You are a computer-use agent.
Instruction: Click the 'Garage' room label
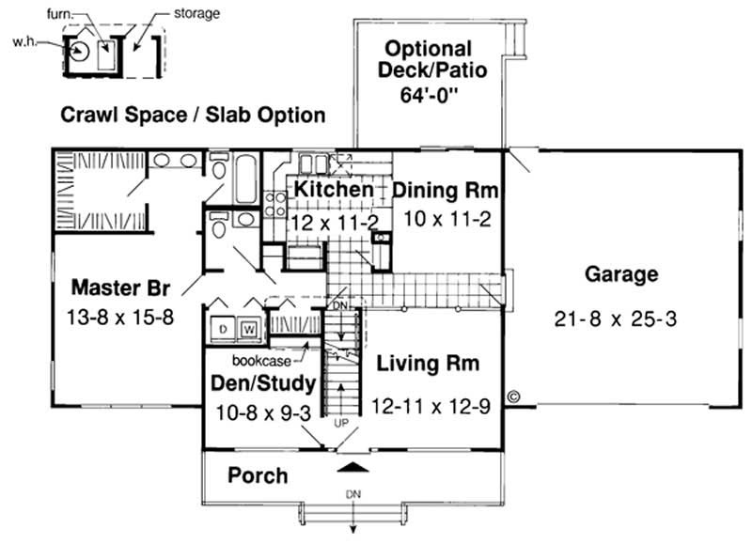pos(621,275)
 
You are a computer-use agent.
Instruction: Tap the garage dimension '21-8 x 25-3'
pos(616,319)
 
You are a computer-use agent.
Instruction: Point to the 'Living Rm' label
pos(428,363)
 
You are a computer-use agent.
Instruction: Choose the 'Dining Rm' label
pos(444,191)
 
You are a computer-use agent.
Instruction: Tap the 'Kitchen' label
pos(334,191)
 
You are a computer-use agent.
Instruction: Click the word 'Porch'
pos(258,475)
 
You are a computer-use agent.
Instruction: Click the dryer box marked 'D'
pos(225,330)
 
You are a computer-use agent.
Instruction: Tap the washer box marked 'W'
pos(249,330)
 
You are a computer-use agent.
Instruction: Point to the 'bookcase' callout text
pos(259,359)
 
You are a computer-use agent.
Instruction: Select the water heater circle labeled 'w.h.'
pos(78,52)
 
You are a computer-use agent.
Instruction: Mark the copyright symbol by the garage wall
pos(513,397)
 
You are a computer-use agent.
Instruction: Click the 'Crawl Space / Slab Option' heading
pos(193,116)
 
